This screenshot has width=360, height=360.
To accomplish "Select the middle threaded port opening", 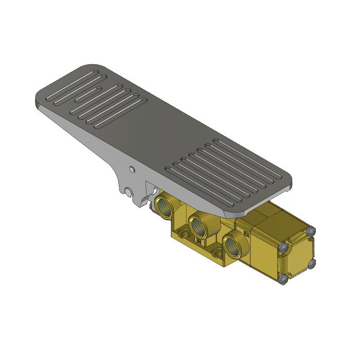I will pos(198,224).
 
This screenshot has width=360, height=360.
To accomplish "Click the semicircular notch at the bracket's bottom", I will pos(128,193).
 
